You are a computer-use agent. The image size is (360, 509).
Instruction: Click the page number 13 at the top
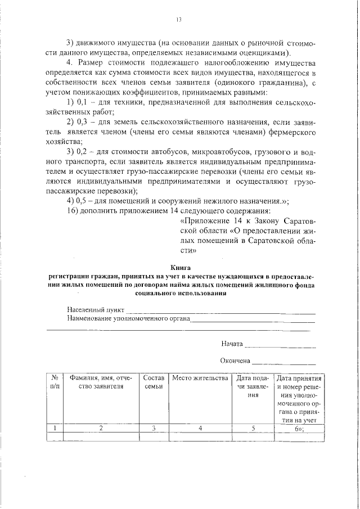179,19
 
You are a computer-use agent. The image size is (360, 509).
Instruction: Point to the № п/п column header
55,382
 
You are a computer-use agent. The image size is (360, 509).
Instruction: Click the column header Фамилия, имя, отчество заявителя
101,382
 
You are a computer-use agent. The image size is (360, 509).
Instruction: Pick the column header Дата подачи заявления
254,386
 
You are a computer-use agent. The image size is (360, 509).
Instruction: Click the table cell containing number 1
55,428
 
